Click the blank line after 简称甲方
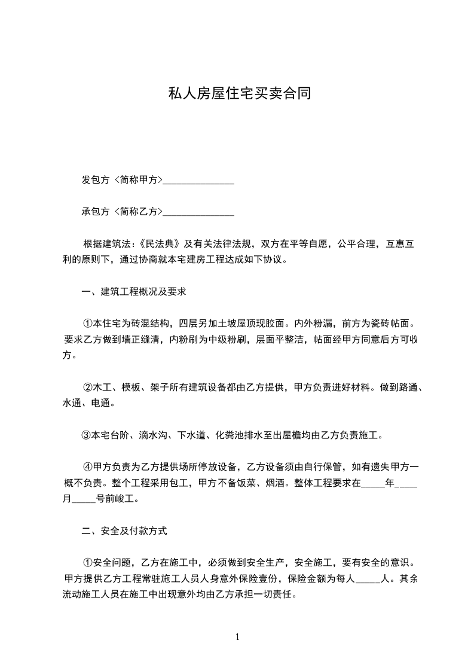tap(198, 180)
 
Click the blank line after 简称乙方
tap(198, 212)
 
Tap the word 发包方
tap(96, 180)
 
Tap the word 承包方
tap(96, 212)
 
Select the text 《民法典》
tap(160, 244)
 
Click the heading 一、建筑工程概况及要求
tap(134, 292)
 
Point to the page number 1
tap(237, 637)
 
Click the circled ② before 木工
tap(87, 388)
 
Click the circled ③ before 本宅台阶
tap(85, 435)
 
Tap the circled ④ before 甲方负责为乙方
tap(87, 466)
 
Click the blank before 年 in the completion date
tap(374, 483)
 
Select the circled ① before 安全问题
tap(87, 563)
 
